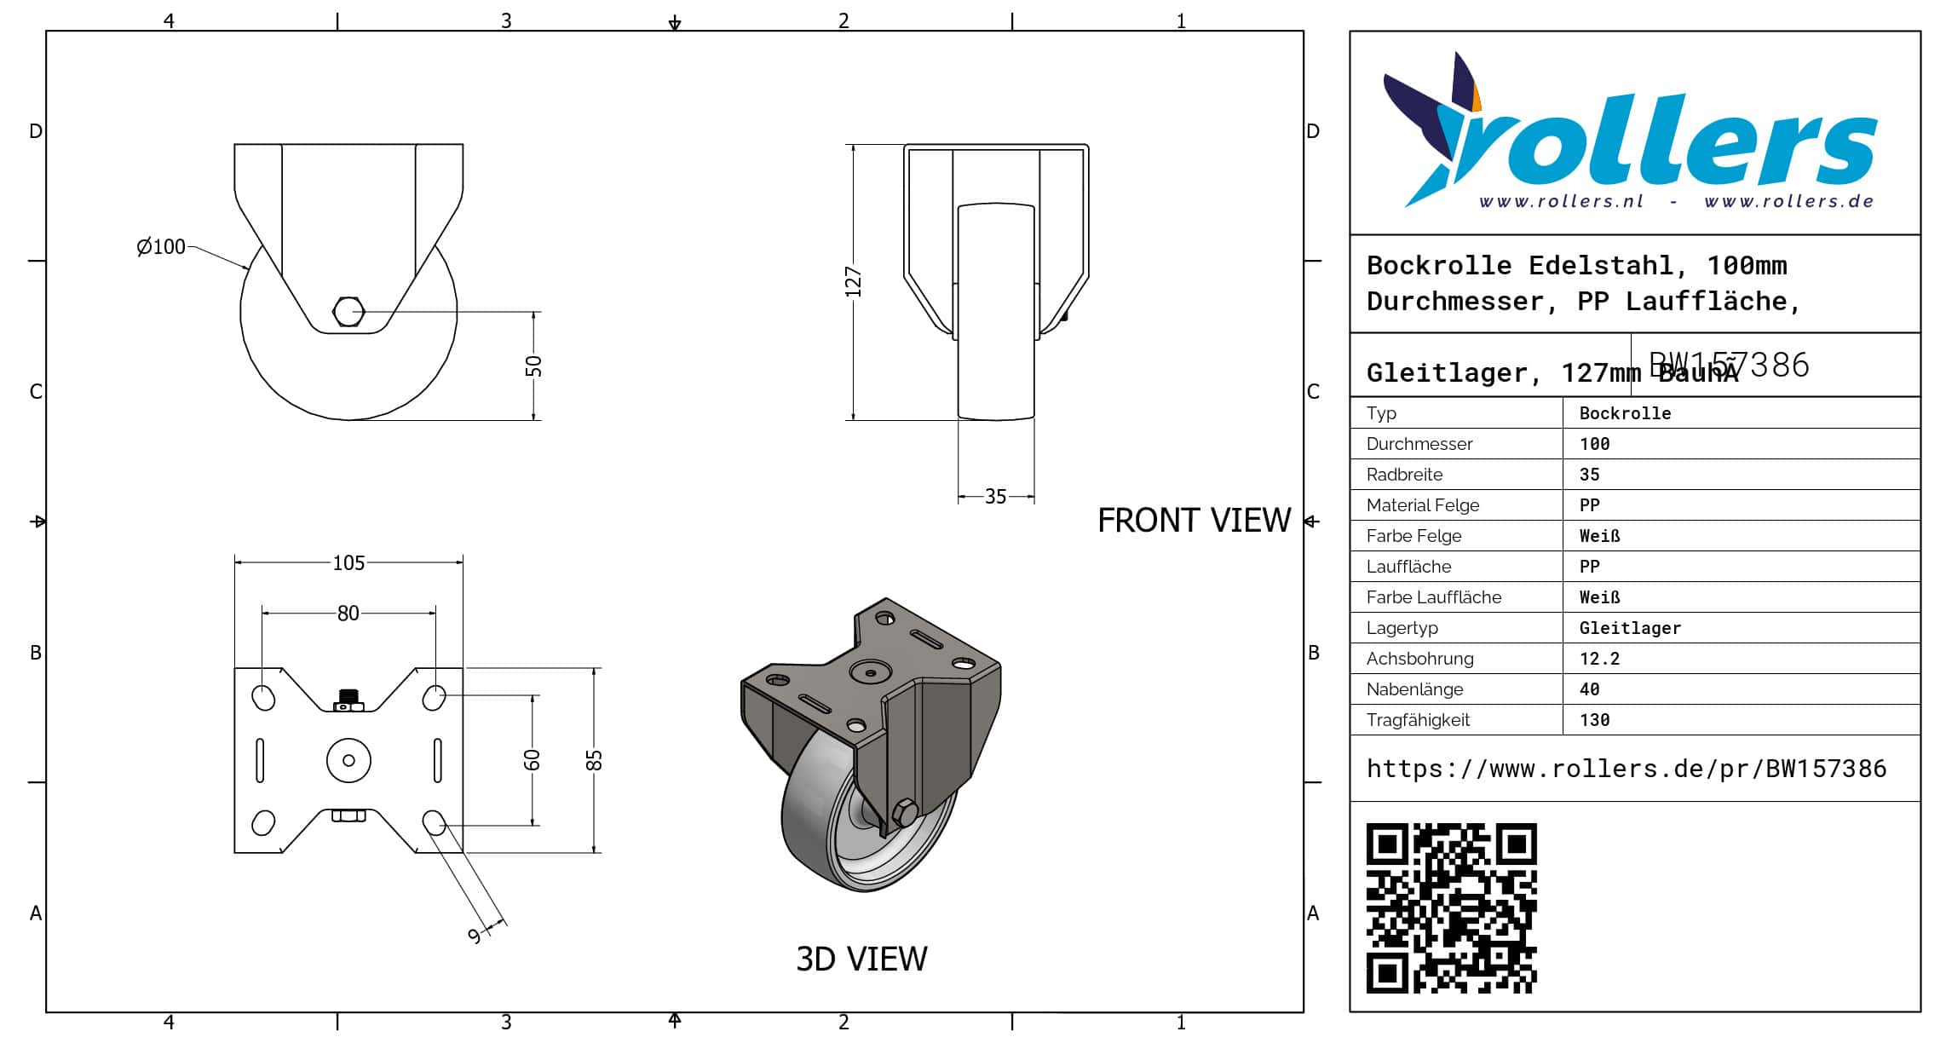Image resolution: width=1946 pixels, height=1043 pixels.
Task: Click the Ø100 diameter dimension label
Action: coord(161,247)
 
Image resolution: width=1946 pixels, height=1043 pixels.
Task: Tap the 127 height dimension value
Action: coord(853,282)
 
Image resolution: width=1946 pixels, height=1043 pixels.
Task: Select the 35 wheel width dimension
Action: coord(995,497)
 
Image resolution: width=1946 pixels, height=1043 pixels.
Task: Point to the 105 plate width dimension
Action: coord(348,563)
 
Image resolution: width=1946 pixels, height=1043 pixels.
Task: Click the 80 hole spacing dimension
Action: coord(348,614)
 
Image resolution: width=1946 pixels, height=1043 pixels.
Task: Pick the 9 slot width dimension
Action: coord(475,936)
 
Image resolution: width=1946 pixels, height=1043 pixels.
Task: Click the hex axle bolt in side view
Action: coord(348,312)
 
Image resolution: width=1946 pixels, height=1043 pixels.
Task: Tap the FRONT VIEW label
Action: coord(1194,521)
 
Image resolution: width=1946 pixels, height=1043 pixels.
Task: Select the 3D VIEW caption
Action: coord(861,959)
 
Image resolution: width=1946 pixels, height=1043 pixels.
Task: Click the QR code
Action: coord(1451,908)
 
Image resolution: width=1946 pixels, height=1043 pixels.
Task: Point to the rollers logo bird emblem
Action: coord(1436,128)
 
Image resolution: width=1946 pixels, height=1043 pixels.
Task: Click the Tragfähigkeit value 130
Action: coord(1594,720)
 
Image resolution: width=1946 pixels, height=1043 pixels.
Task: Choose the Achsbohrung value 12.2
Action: coord(1599,659)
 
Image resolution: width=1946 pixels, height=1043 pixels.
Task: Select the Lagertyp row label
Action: coord(1402,628)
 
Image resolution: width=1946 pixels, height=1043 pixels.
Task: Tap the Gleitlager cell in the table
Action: coord(1630,628)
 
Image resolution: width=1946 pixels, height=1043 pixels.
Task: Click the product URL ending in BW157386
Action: coord(1626,769)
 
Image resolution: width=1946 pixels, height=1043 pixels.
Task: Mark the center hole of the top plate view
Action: coord(348,760)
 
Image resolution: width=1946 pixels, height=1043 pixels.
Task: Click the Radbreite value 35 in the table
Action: coord(1589,475)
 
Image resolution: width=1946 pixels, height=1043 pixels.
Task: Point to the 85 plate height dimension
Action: coord(594,760)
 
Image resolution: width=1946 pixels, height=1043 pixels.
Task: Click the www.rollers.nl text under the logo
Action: coord(1561,202)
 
